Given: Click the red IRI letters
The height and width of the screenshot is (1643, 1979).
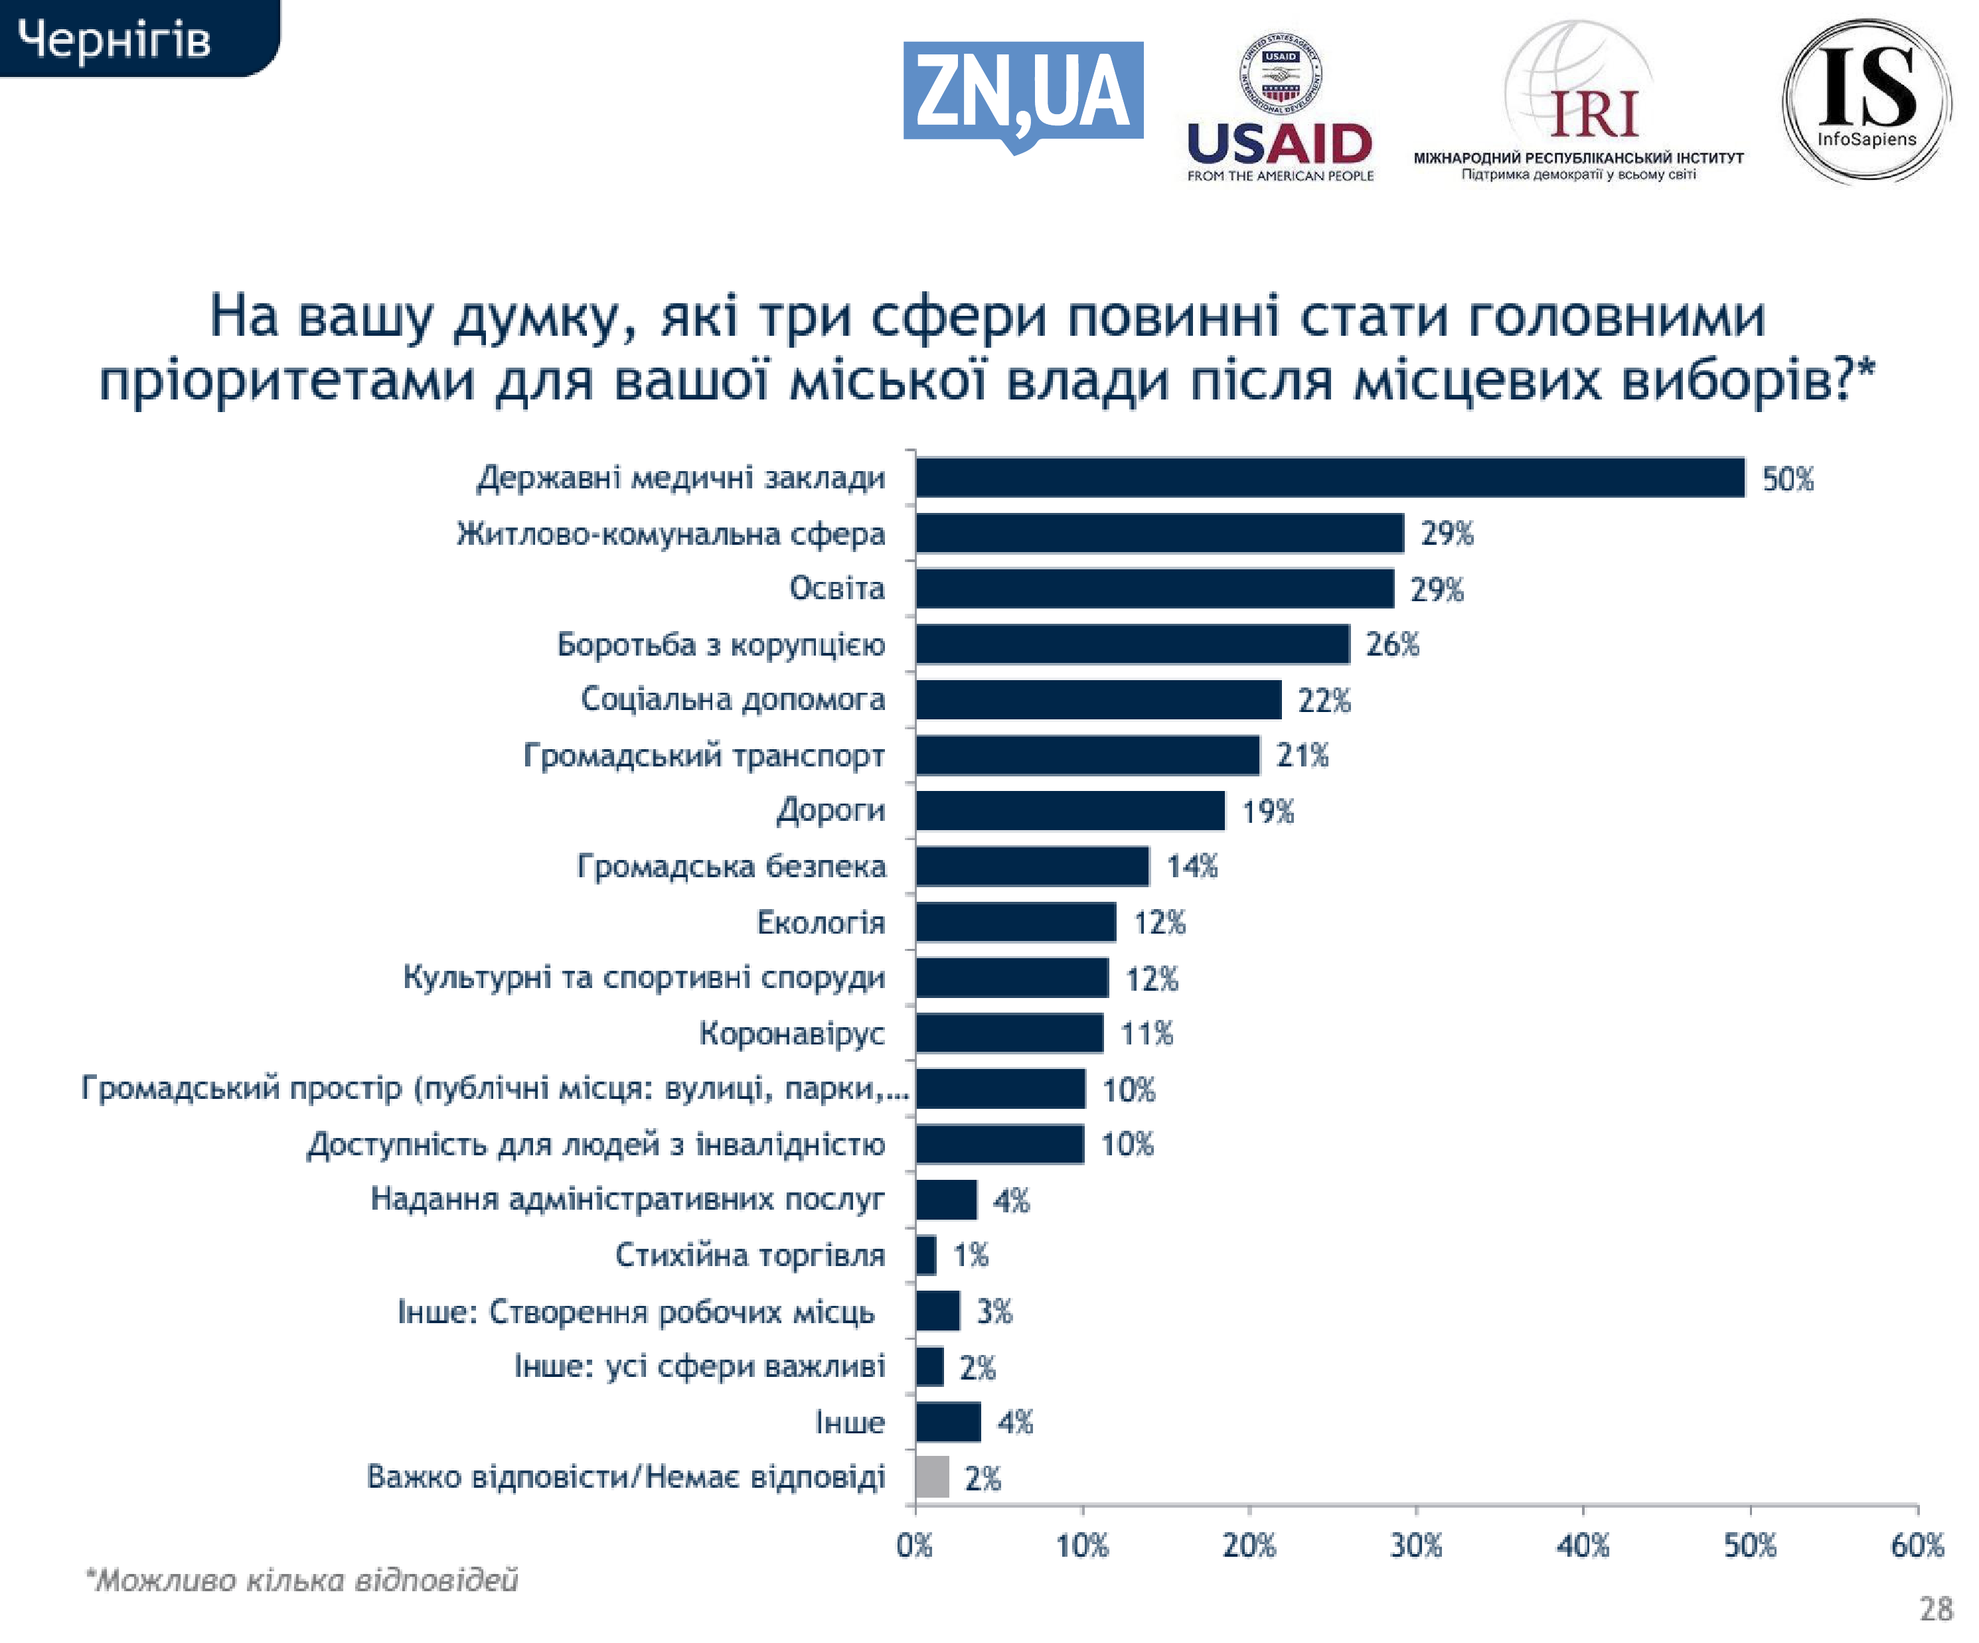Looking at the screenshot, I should [1595, 114].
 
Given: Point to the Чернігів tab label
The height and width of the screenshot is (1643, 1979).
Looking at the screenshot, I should [115, 40].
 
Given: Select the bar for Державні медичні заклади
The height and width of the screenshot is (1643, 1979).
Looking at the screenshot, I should [1330, 478].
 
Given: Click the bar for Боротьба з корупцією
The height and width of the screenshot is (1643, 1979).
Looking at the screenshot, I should [1132, 644].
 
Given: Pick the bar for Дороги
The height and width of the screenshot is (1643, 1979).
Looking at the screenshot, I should [1069, 810].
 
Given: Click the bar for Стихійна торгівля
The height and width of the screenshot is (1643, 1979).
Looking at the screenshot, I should [925, 1255].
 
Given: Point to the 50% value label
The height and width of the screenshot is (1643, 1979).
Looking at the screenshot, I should [1788, 480].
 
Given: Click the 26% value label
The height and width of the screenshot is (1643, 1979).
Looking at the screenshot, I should [1392, 646].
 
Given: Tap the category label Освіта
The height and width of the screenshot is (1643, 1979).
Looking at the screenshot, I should [837, 589].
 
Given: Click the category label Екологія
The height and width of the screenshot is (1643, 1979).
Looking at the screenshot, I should [821, 922].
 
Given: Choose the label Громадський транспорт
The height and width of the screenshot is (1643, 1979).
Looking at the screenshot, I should [704, 756].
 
